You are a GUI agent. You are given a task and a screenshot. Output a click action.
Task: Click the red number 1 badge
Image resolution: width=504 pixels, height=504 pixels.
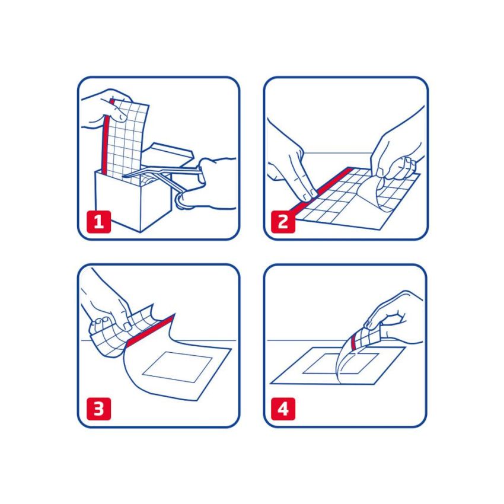pyautogui.click(x=98, y=222)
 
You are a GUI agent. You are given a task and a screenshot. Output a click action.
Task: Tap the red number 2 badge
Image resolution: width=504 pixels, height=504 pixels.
pyautogui.click(x=283, y=222)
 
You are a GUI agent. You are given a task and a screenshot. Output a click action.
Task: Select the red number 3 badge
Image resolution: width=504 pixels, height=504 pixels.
pyautogui.click(x=98, y=409)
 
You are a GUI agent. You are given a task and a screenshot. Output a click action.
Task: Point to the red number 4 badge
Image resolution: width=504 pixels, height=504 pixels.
pyautogui.click(x=283, y=409)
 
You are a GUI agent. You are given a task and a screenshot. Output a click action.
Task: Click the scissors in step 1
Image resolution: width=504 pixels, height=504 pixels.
pyautogui.click(x=161, y=180)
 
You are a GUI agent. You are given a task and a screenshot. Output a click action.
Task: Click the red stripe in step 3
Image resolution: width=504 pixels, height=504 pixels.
pyautogui.click(x=149, y=331)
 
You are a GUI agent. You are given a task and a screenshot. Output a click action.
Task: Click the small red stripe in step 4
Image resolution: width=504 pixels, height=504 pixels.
pyautogui.click(x=354, y=342)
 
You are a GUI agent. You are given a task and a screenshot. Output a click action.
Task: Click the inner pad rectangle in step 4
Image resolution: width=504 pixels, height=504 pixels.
pyautogui.click(x=341, y=363)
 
